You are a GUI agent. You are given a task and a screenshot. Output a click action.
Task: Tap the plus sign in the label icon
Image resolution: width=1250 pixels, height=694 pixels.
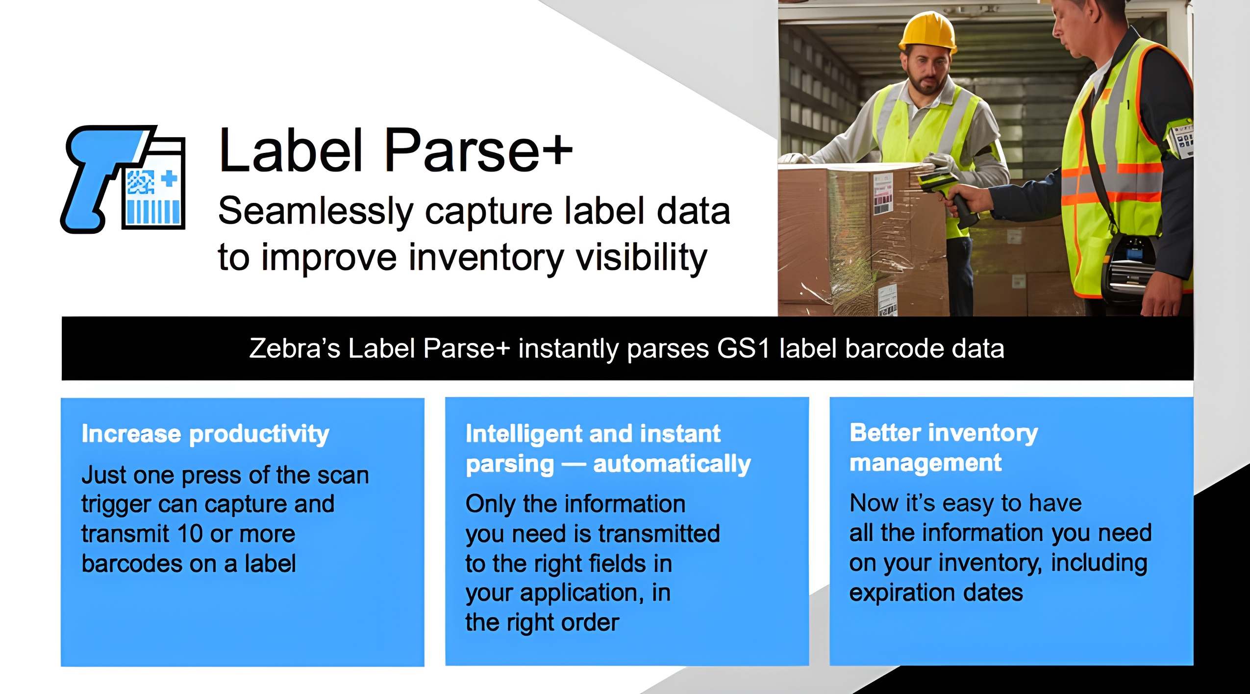tap(169, 178)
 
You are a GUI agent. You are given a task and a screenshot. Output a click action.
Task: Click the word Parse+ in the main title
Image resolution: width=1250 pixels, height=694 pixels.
tap(478, 150)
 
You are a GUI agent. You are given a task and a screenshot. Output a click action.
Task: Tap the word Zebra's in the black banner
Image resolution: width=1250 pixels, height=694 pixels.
tap(295, 348)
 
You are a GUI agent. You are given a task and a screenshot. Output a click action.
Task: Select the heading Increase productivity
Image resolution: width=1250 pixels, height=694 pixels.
tap(205, 434)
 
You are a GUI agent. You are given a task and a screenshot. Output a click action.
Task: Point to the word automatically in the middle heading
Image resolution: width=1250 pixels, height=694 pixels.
tap(672, 464)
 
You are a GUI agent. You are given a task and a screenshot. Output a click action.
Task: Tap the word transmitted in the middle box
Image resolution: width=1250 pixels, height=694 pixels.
tap(659, 534)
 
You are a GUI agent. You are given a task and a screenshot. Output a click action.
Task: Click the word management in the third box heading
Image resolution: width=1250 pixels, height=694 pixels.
tap(925, 463)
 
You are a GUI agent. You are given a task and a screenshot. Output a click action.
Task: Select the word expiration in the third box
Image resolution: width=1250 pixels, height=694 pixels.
tap(902, 593)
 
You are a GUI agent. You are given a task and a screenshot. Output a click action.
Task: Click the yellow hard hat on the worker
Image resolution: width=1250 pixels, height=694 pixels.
tap(928, 32)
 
